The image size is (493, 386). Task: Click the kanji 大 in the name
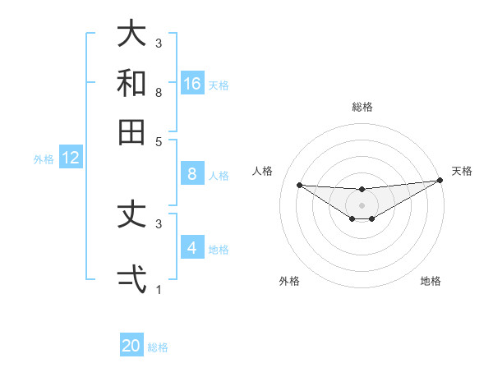[131, 34]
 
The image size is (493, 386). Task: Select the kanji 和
[131, 83]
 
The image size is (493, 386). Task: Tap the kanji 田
[131, 131]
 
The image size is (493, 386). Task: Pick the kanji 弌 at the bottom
[131, 279]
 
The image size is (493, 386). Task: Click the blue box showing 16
[192, 84]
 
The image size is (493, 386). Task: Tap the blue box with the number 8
[192, 174]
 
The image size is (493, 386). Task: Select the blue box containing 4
[192, 248]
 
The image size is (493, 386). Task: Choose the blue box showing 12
[71, 159]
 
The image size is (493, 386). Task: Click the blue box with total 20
[131, 346]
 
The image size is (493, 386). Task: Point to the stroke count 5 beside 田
[159, 140]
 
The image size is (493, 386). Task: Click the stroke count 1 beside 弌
[159, 289]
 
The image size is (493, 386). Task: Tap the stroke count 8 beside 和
[159, 92]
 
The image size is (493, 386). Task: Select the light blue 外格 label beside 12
[44, 159]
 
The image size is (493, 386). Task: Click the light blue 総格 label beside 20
[158, 347]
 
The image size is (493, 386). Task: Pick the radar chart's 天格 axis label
[462, 171]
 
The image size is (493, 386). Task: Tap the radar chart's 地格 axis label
[431, 281]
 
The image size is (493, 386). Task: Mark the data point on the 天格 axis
[440, 181]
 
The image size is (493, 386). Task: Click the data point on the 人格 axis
[299, 185]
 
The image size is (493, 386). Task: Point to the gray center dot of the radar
[362, 204]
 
